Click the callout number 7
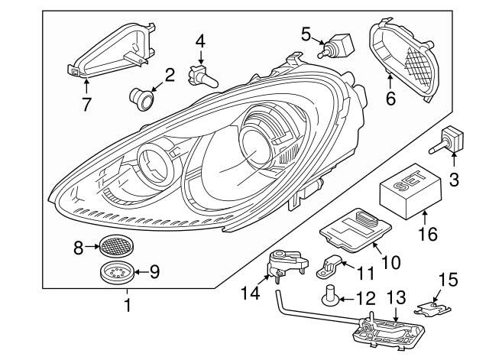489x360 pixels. [x=86, y=103]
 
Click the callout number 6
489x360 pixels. [x=391, y=99]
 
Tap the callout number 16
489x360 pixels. [x=427, y=233]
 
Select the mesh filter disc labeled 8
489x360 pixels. [x=114, y=246]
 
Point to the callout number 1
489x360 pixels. [x=127, y=307]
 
